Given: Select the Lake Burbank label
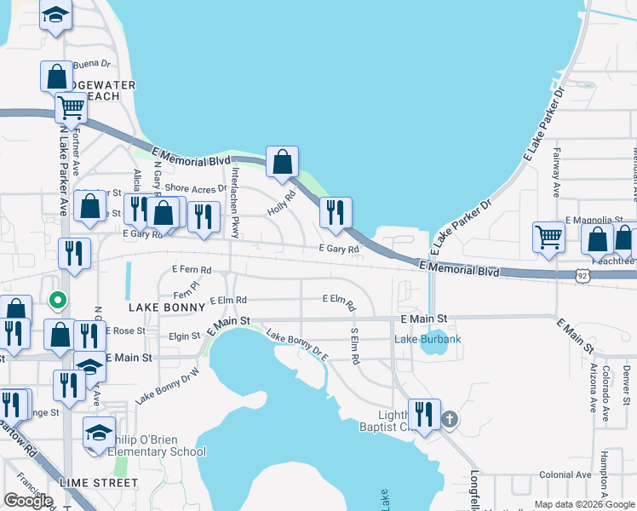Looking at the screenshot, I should [x=428, y=340].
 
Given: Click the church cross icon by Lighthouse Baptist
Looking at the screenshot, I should [x=450, y=419].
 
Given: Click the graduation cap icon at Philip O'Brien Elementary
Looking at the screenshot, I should [x=99, y=432].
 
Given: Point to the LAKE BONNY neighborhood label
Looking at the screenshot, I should [x=163, y=305].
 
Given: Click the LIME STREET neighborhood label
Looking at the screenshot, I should [x=99, y=483].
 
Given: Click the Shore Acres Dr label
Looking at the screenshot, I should [x=196, y=188].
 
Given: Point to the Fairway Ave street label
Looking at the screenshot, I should [x=554, y=179].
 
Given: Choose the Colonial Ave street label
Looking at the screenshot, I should [x=565, y=474].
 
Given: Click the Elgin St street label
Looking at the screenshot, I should [x=185, y=336].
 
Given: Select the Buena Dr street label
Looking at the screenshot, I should [x=92, y=64].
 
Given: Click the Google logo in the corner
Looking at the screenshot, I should [x=28, y=501].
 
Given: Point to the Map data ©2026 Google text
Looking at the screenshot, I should [x=584, y=504].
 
